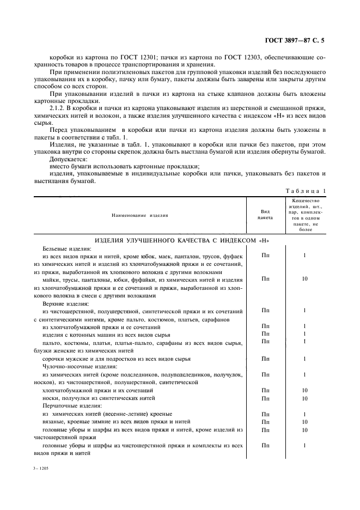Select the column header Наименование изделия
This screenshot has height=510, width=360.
coord(140,216)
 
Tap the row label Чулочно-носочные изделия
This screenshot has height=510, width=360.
coord(76,367)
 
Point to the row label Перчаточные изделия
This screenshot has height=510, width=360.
coord(69,406)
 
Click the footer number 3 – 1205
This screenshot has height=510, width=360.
coord(40,468)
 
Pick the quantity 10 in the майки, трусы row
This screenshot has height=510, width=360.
coord(304,279)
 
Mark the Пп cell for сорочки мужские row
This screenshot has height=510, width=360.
coord(265,359)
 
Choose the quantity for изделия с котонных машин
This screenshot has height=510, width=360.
coord(304,334)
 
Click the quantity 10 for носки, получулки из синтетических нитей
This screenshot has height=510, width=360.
coord(304,398)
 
